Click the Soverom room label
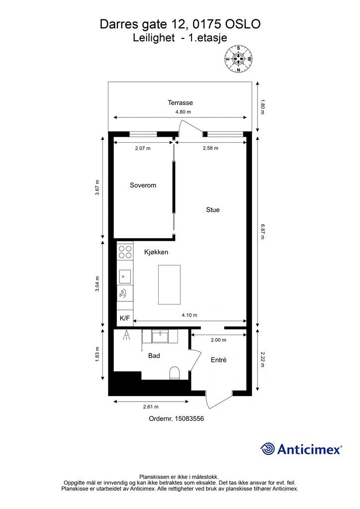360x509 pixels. [143, 185]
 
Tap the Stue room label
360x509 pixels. [213, 210]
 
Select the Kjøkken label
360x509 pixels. [156, 252]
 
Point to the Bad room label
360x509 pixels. [154, 356]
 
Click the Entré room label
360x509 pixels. [218, 360]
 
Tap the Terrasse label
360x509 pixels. [180, 102]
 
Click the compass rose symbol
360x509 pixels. [238, 59]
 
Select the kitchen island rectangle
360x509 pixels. [169, 285]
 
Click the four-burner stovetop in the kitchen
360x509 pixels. [125, 252]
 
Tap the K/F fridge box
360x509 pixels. [125, 318]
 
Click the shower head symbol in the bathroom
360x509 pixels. [126, 335]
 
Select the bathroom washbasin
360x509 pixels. [160, 336]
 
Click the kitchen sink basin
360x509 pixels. [125, 276]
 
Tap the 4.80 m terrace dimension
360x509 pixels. [183, 112]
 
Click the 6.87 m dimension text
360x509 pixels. [262, 231]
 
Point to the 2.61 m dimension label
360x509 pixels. [151, 407]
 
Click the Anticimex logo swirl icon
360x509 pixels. [267, 449]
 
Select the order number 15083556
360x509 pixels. [189, 419]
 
